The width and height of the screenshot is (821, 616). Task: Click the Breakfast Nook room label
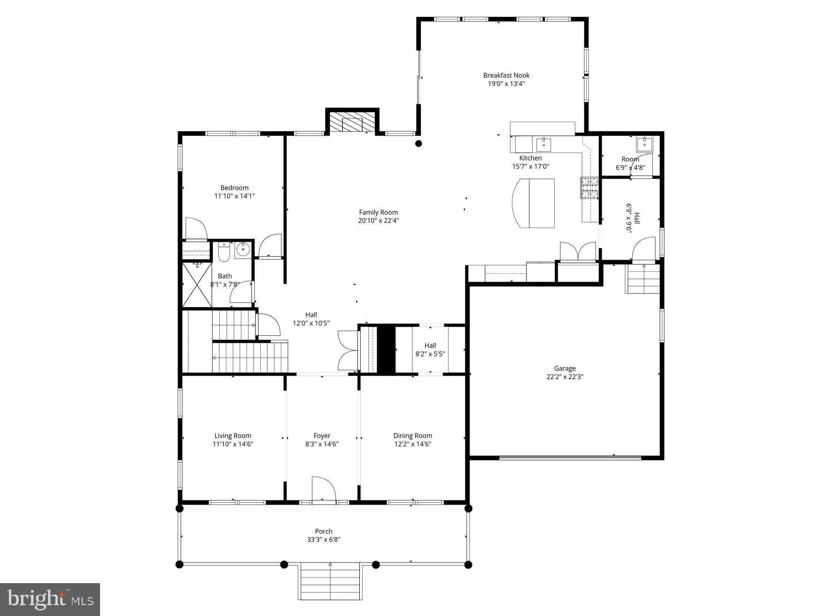(506, 75)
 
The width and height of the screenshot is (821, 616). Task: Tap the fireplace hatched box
(352, 123)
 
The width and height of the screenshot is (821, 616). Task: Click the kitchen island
(533, 203)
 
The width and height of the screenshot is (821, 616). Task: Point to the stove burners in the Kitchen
(589, 187)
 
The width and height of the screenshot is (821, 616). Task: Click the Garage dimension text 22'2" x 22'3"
(564, 377)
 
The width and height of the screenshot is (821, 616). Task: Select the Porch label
(323, 531)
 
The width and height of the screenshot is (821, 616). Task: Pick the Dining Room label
(412, 435)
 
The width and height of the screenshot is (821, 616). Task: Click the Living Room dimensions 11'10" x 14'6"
(232, 444)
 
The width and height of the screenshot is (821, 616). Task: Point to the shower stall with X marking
(195, 285)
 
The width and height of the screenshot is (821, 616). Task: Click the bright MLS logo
(50, 599)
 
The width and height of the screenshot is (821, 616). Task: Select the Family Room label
(378, 212)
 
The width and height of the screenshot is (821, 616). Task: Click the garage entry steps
(642, 279)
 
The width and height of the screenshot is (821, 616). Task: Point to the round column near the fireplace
(418, 144)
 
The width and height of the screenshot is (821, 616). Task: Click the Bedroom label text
(234, 188)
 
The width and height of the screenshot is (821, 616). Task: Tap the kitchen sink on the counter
(543, 143)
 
